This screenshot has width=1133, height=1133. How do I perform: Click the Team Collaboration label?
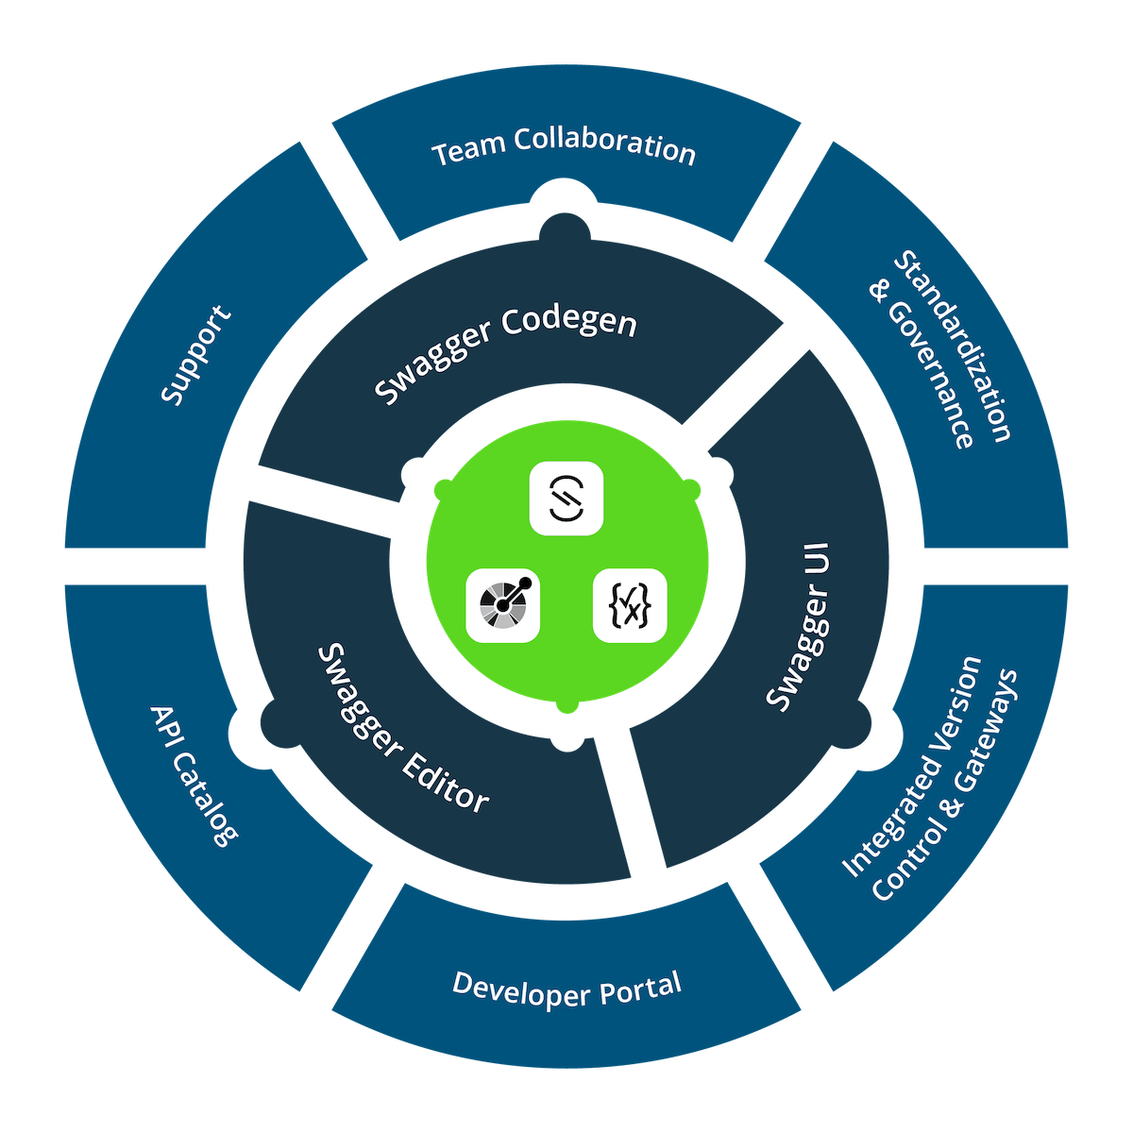pyautogui.click(x=564, y=149)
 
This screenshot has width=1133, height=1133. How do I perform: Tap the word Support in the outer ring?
pyautogui.click(x=195, y=354)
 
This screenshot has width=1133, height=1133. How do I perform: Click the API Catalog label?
pyautogui.click(x=193, y=774)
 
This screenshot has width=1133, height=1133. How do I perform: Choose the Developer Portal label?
pyautogui.click(x=566, y=989)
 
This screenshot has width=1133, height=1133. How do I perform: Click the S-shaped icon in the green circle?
pyautogui.click(x=566, y=498)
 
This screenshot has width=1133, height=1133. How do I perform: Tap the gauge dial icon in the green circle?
pyautogui.click(x=503, y=606)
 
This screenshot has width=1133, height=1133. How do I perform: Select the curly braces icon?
pyautogui.click(x=630, y=606)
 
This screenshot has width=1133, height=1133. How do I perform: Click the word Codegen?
pyautogui.click(x=569, y=325)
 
